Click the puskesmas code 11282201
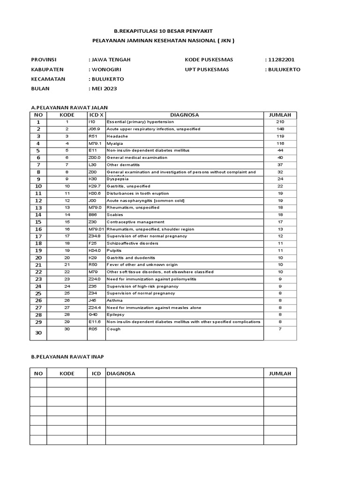[281, 60]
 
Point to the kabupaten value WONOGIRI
[106, 69]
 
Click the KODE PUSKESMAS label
[209, 60]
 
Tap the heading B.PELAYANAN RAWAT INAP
[67, 357]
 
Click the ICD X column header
[96, 115]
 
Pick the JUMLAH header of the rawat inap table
[280, 374]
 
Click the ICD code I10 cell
[92, 122]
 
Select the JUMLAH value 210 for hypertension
[280, 122]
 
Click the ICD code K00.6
[95, 193]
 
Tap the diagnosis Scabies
[115, 215]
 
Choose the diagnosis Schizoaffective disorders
[133, 243]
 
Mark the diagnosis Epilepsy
[115, 315]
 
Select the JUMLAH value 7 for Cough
[280, 329]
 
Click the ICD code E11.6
[95, 322]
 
